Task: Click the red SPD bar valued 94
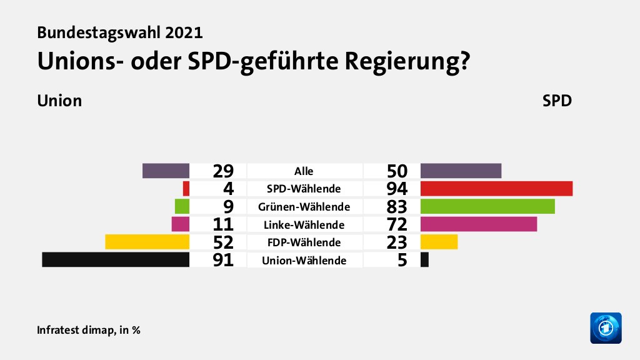click(496, 188)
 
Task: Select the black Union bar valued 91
click(116, 259)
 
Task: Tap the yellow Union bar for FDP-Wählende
click(147, 241)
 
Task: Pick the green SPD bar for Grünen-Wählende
click(487, 206)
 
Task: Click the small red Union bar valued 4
click(186, 188)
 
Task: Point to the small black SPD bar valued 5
click(425, 259)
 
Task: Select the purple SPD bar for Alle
click(461, 171)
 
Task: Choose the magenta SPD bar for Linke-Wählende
click(479, 224)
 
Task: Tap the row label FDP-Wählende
click(304, 242)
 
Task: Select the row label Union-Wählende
click(304, 260)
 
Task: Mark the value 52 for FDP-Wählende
click(222, 242)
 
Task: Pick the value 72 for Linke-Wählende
click(397, 224)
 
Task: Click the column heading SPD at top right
click(557, 101)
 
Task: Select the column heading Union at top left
click(59, 101)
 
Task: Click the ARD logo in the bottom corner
click(606, 328)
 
